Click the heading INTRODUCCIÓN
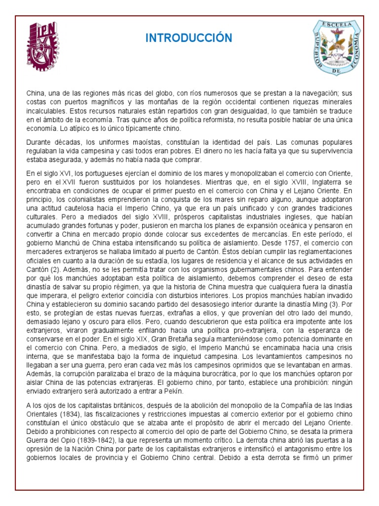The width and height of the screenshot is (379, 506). [189, 38]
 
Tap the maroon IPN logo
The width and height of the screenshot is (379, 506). [43, 45]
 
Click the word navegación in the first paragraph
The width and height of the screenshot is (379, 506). [300, 93]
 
